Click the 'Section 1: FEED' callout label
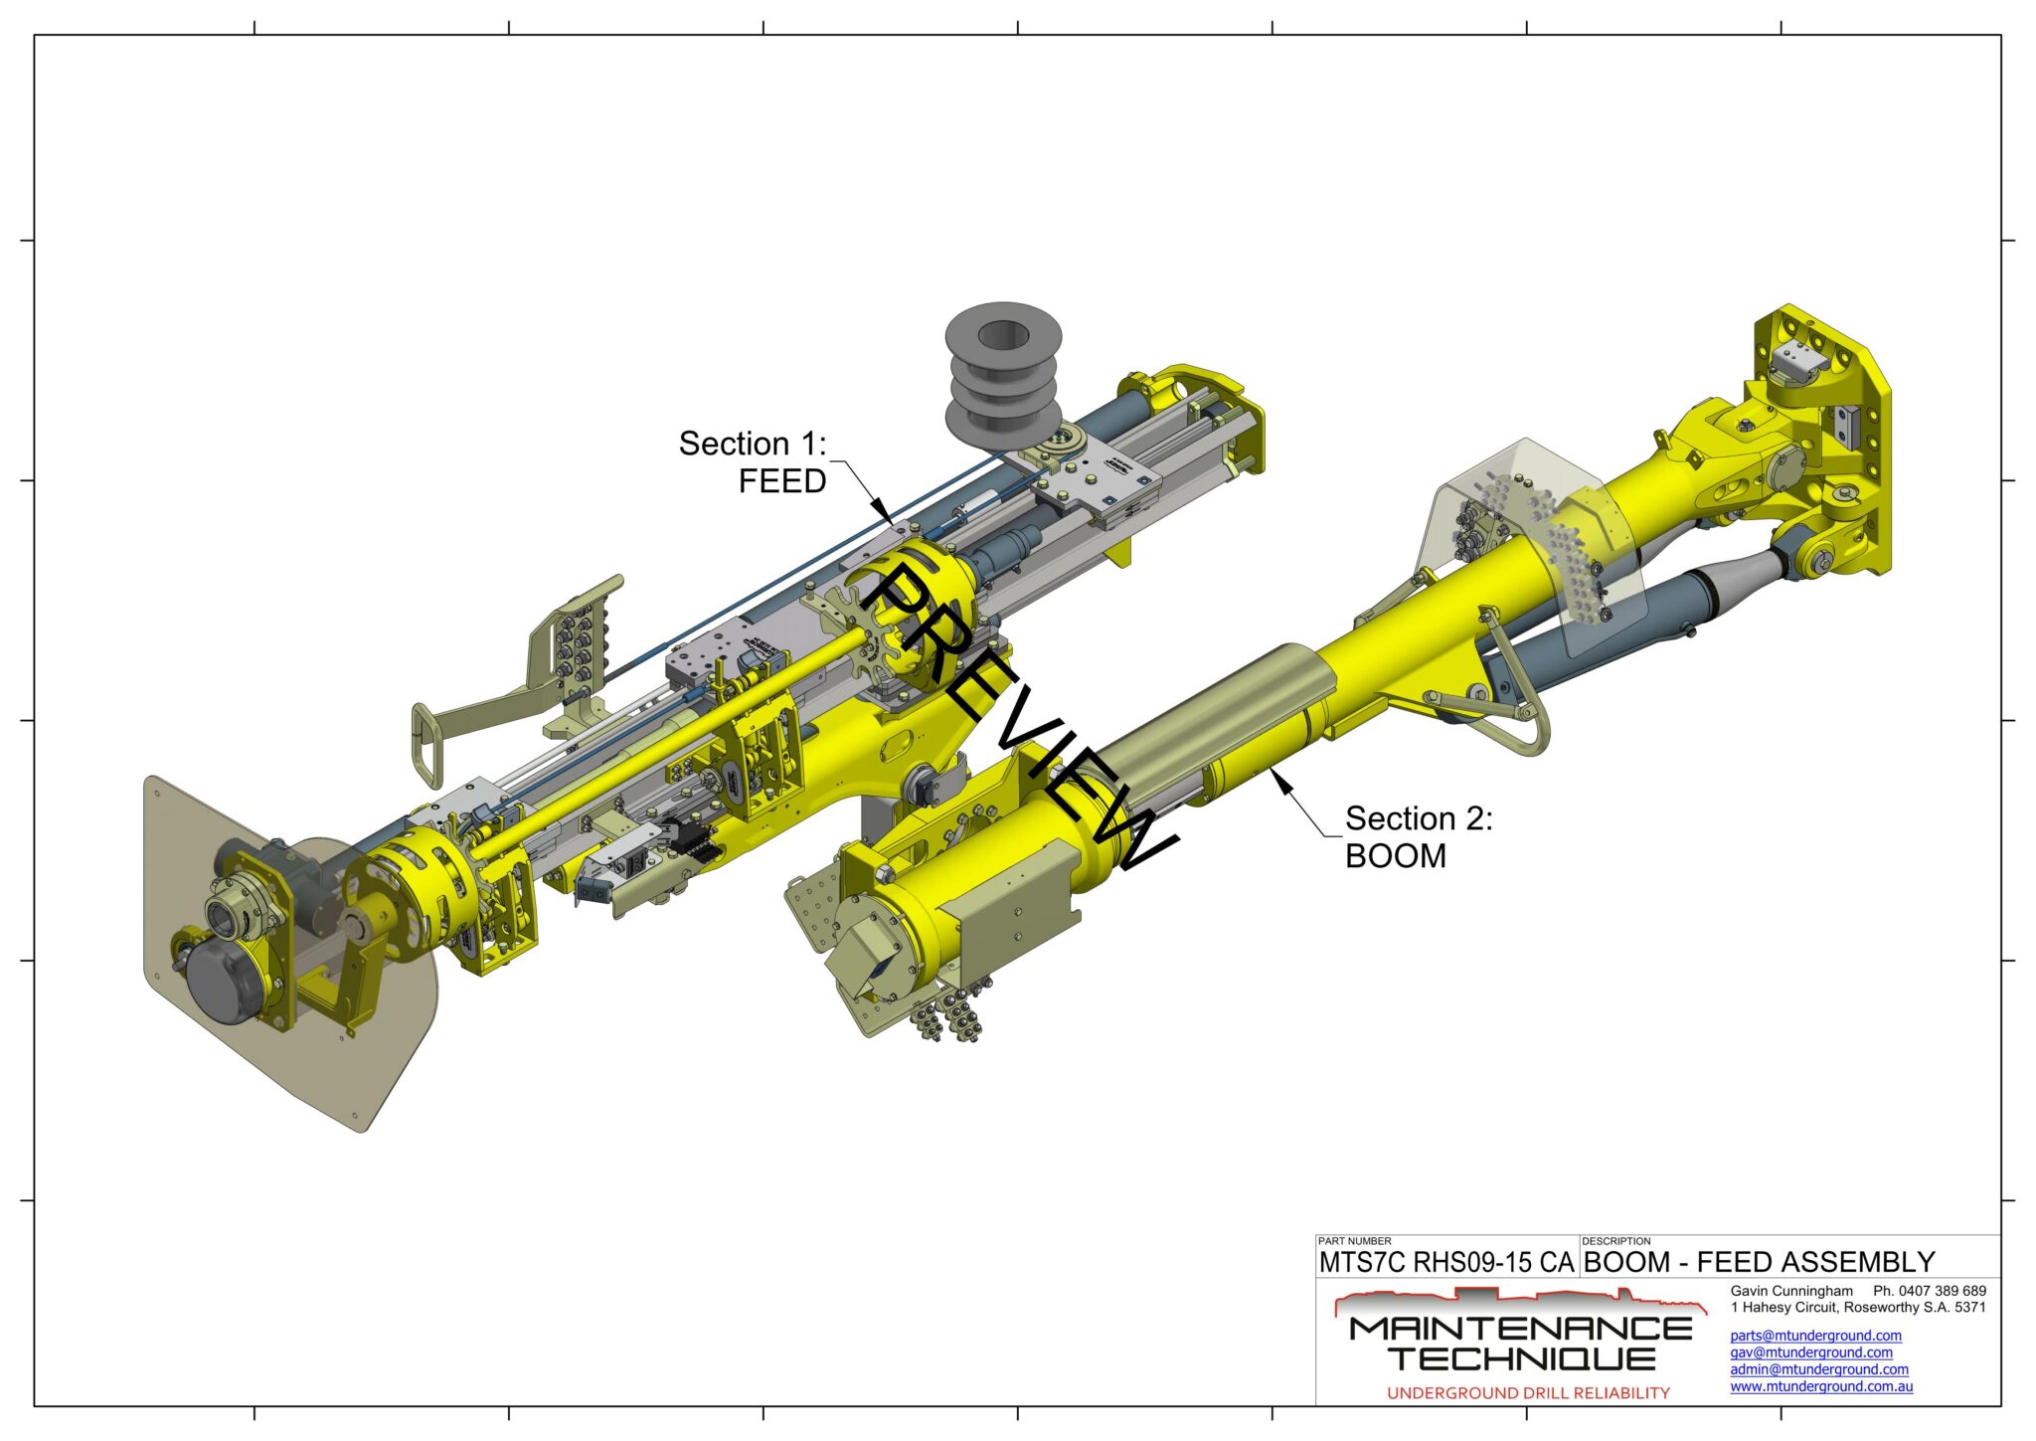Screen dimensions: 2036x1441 coord(753,461)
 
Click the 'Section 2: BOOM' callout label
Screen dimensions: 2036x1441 coord(1419,836)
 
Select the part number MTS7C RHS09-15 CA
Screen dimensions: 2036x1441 coord(1446,1262)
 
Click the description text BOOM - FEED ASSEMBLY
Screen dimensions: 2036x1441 coord(1759,1262)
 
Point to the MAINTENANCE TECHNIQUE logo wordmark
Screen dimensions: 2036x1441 coord(1521,1343)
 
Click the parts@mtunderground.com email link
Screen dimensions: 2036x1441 coord(1815,1336)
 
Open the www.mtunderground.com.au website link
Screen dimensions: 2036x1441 coord(1821,1386)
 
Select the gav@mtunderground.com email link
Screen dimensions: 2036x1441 coord(1811,1352)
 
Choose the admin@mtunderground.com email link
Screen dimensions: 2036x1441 coord(1819,1369)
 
